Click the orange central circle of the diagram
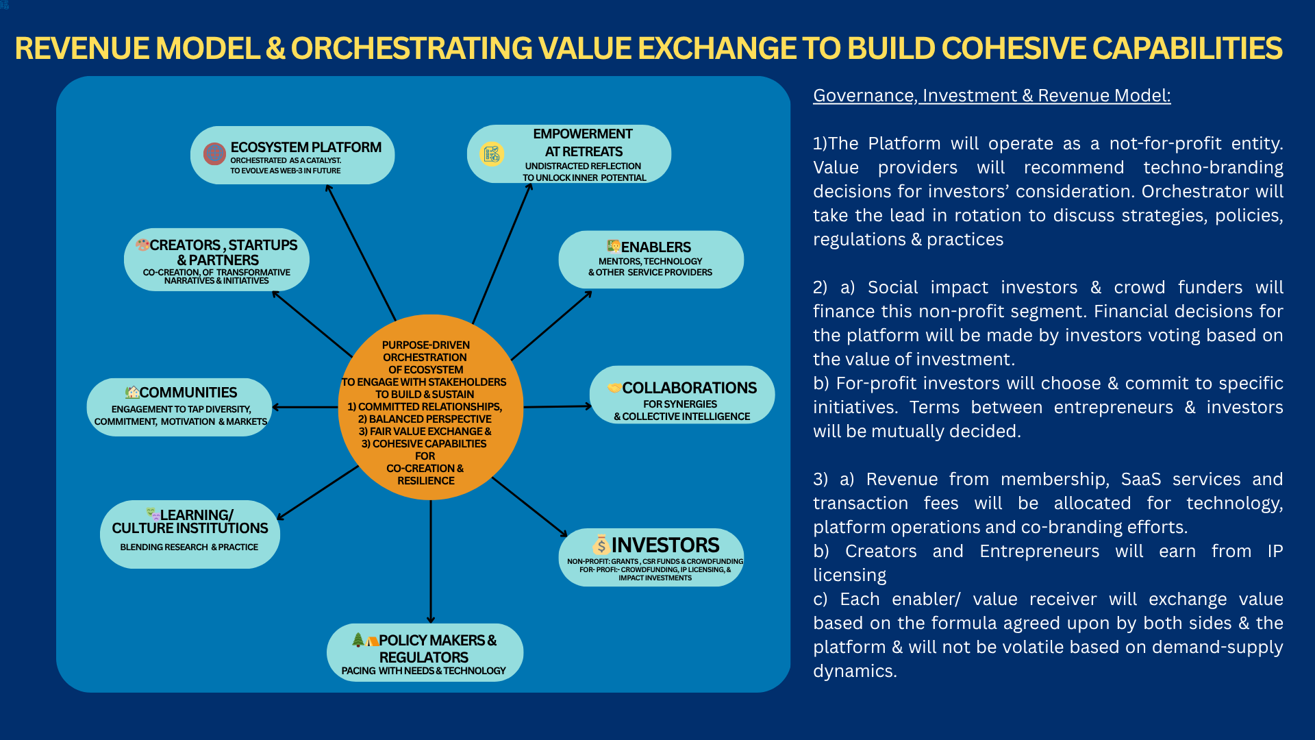430,408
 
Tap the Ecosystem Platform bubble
292,156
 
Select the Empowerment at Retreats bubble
568,154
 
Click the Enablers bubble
651,260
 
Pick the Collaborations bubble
682,395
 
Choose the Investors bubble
651,557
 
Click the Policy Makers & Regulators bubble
425,652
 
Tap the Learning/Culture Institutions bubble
190,534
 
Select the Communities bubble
179,407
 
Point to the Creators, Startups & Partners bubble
216,260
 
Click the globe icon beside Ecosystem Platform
214,153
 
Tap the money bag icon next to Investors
601,545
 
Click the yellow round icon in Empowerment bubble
492,154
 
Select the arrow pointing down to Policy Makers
431,562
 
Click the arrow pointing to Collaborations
556,406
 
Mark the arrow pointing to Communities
305,407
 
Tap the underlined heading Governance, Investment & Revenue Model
992,95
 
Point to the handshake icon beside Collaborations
614,388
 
